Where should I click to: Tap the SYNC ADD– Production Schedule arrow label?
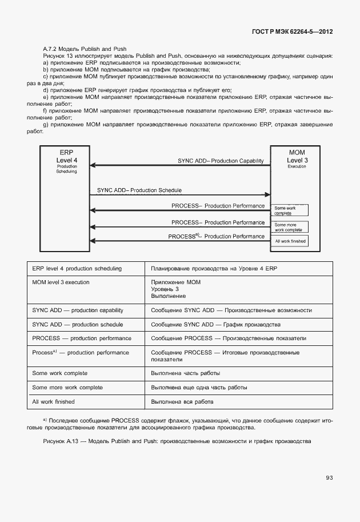click(140, 190)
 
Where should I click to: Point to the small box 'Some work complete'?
click(291, 210)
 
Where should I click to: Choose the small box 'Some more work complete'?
click(291, 227)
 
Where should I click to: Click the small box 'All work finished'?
click(291, 241)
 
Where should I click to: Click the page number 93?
click(329, 478)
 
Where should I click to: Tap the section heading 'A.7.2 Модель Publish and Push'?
click(85, 49)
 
